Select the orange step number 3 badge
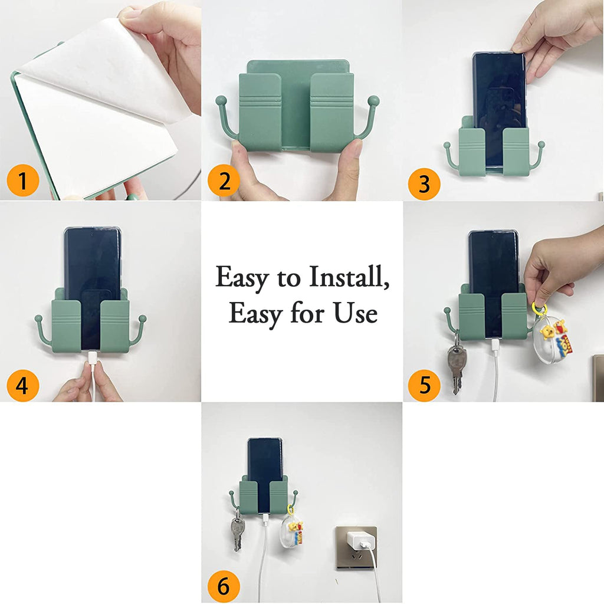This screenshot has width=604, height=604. click(424, 184)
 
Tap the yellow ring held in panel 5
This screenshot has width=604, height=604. click(539, 309)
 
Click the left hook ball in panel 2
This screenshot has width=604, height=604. click(220, 100)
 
